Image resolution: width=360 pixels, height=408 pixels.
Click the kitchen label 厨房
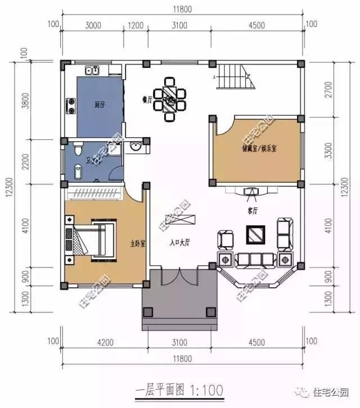(x=98, y=105)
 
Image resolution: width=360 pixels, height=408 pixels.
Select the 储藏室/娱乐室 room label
(x=259, y=148)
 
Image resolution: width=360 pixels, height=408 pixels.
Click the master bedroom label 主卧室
(x=138, y=244)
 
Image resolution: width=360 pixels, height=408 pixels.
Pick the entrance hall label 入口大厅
(x=180, y=243)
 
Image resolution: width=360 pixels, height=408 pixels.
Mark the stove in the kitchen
(x=71, y=105)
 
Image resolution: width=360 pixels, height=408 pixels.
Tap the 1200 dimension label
(x=136, y=25)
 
